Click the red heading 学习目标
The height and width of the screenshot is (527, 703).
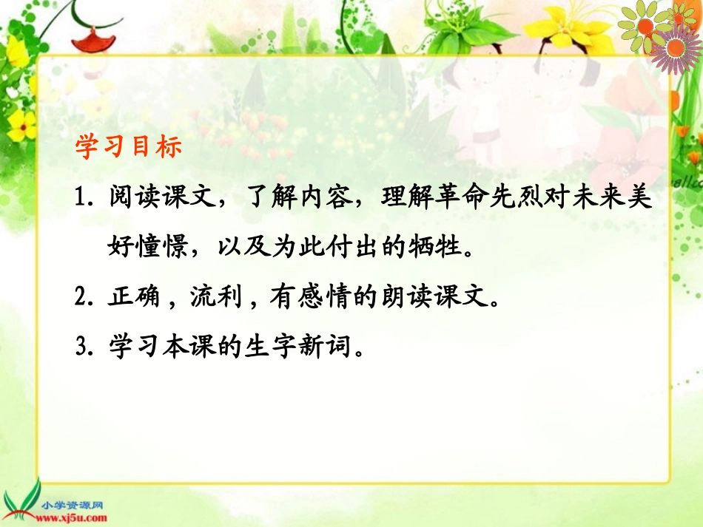(128, 146)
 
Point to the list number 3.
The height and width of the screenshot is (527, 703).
(82, 346)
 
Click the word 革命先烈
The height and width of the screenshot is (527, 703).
(488, 199)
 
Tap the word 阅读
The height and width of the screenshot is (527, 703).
(132, 199)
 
